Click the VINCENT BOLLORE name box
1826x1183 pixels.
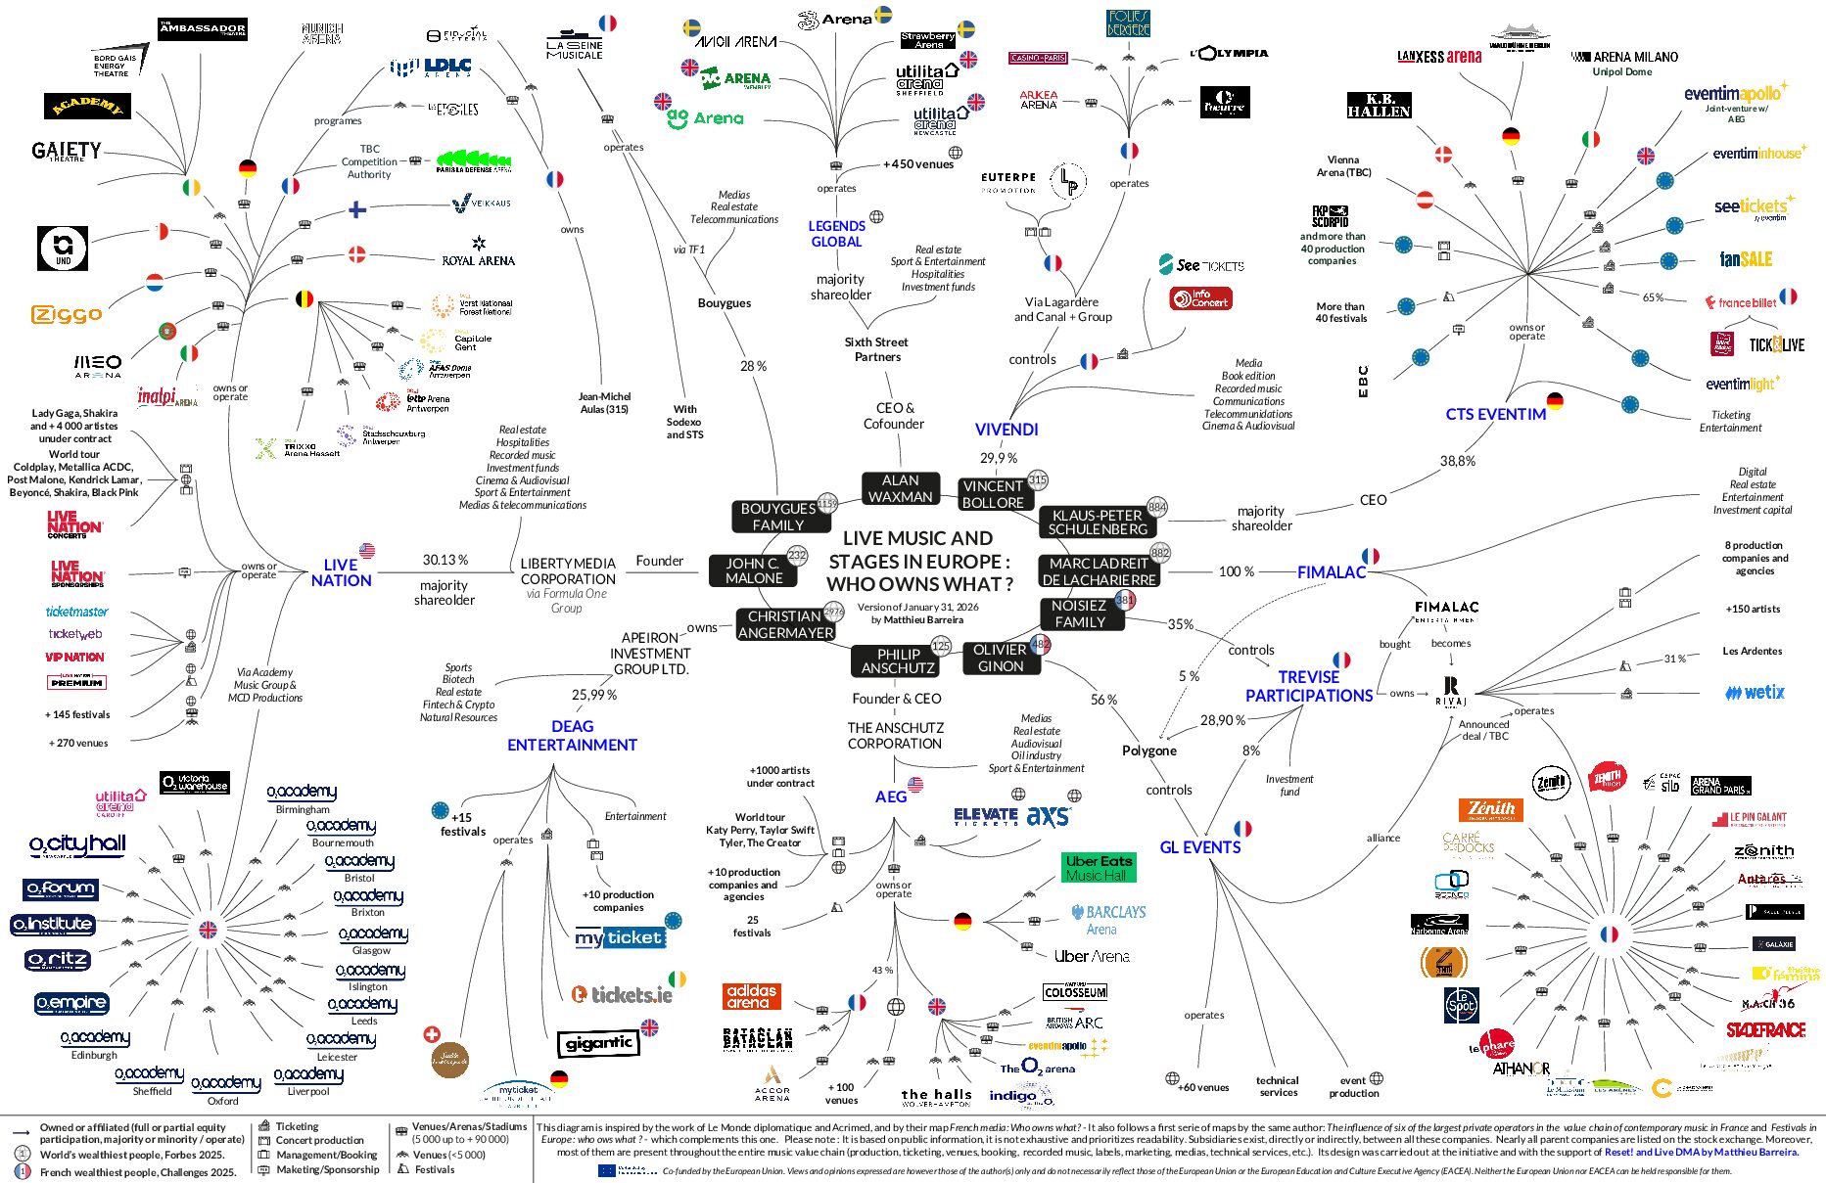click(x=993, y=494)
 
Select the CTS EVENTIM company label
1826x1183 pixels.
click(x=1495, y=414)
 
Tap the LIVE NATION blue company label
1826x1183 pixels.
click(x=341, y=572)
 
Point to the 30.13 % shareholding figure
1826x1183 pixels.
click(x=445, y=560)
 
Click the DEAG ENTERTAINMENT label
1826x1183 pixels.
click(x=572, y=736)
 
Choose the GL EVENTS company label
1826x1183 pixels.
click(x=1199, y=847)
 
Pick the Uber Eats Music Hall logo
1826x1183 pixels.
click(x=1099, y=868)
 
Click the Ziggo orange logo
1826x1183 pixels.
click(x=67, y=314)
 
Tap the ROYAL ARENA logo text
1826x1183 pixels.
click(x=478, y=260)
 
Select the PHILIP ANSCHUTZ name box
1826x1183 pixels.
click(x=898, y=661)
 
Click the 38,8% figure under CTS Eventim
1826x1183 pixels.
click(x=1457, y=461)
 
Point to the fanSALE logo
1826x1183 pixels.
click(x=1746, y=259)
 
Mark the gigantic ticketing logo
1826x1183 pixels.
click(x=598, y=1044)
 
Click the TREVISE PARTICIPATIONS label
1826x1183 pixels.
click(x=1309, y=686)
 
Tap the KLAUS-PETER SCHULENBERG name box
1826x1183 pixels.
click(x=1097, y=522)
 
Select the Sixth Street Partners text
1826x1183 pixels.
click(x=876, y=349)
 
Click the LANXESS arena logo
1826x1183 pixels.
click(x=1438, y=57)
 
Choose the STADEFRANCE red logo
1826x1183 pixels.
click(x=1765, y=1030)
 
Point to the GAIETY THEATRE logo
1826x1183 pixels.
click(x=66, y=151)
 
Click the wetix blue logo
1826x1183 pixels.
click(x=1755, y=693)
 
